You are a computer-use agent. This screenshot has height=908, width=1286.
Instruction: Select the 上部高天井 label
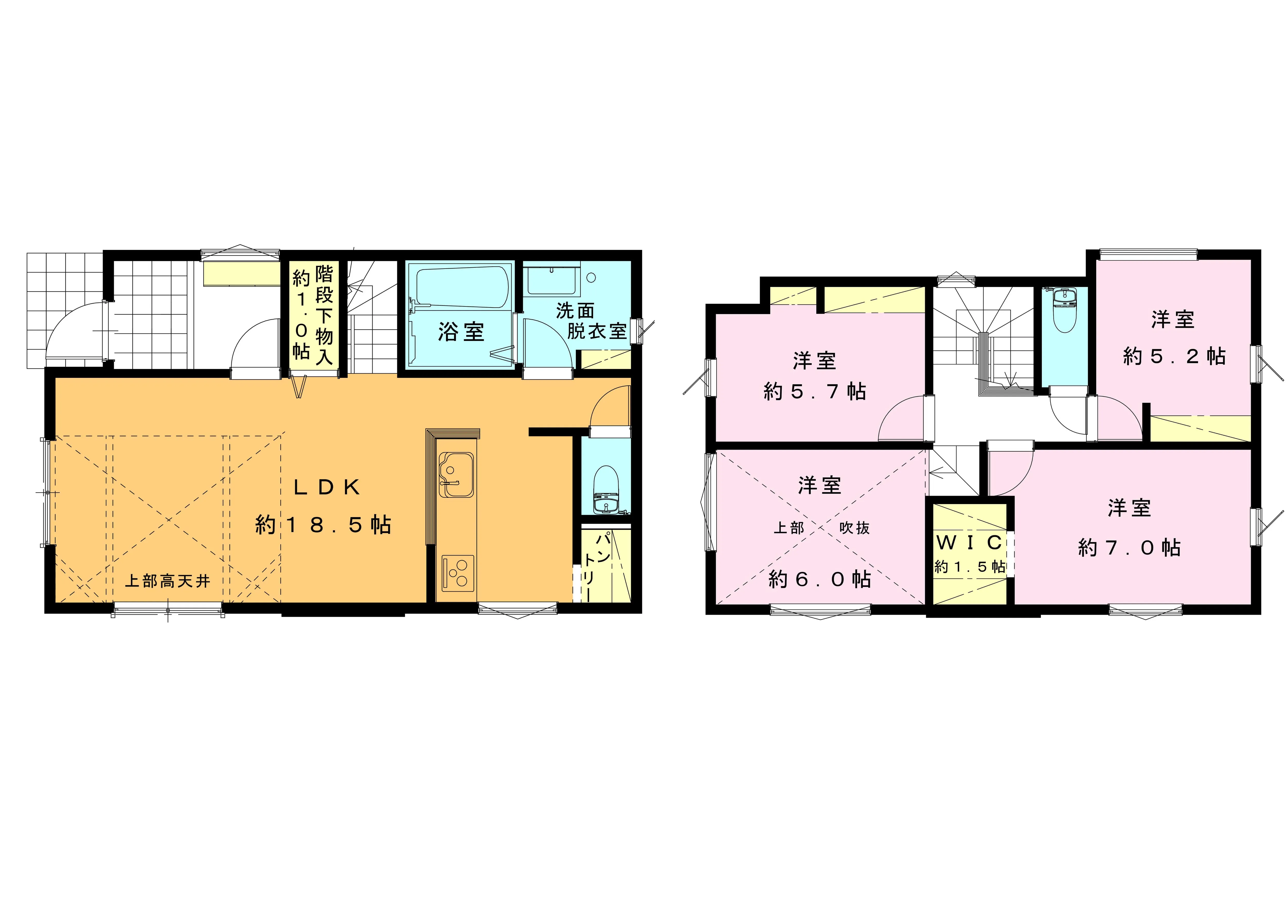167,581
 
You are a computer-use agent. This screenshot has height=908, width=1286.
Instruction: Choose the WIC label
969,542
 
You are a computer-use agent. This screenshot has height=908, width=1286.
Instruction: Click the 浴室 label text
461,332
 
